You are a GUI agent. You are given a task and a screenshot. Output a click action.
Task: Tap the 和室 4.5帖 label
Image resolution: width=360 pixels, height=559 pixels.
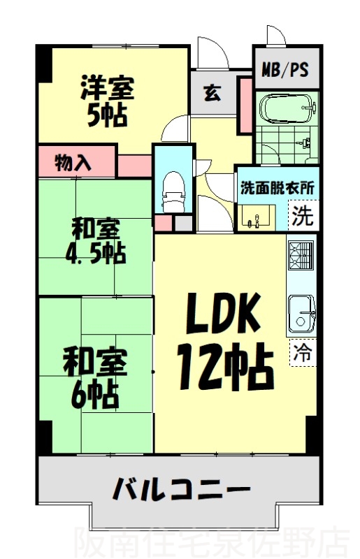tap(96, 241)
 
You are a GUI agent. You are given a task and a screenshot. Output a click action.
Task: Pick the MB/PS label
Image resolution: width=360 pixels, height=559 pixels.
tap(285, 70)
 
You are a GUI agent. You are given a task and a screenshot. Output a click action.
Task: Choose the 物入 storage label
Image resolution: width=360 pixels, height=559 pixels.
tap(73, 163)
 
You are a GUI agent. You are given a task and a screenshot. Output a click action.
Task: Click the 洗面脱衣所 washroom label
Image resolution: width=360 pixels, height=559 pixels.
tap(277, 187)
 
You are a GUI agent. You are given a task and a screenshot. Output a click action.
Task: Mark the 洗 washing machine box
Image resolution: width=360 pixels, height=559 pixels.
tap(303, 215)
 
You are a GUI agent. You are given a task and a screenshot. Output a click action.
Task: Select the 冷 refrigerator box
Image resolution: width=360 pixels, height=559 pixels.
tap(303, 352)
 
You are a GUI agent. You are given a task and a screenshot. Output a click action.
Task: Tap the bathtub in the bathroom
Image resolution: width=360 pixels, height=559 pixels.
tap(287, 110)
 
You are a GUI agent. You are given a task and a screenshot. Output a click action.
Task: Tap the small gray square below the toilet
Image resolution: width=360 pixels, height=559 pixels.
tap(183, 224)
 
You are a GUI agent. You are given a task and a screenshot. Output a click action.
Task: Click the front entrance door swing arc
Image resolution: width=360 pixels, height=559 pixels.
tap(209, 51)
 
